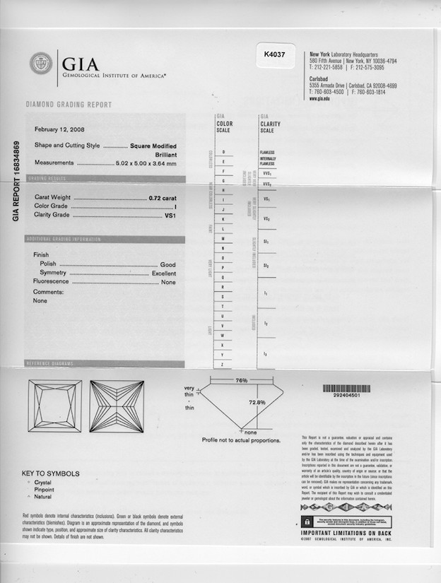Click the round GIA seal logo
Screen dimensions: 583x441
pos(41,64)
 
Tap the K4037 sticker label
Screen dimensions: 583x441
pos(274,54)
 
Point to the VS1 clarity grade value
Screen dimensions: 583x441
pos(170,215)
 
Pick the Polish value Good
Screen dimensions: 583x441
pos(167,264)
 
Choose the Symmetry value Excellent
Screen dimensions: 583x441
pos(164,273)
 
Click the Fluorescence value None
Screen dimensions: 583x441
pos(168,282)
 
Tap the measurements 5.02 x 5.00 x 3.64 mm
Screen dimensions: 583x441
pos(146,163)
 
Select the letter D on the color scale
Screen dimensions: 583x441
pos(223,152)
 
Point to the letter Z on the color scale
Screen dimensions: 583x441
pos(223,363)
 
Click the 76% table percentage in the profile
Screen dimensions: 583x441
pos(241,380)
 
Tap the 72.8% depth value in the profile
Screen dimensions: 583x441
pos(257,402)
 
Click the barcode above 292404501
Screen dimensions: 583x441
pos(346,388)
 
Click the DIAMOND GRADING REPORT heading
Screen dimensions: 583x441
pos(69,105)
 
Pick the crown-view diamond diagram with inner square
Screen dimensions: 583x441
pos(54,406)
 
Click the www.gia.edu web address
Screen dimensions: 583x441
pos(319,99)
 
